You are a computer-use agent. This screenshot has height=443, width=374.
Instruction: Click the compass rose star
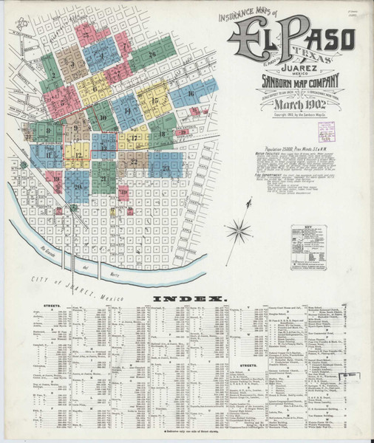pyautogui.click(x=239, y=230)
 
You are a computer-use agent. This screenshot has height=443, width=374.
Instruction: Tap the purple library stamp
pyautogui.click(x=322, y=130)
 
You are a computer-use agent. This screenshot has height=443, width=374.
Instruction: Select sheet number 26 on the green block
pyautogui.click(x=152, y=54)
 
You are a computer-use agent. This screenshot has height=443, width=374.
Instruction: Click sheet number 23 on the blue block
pyautogui.click(x=165, y=168)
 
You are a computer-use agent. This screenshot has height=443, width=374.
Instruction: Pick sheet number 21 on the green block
pyautogui.click(x=103, y=179)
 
